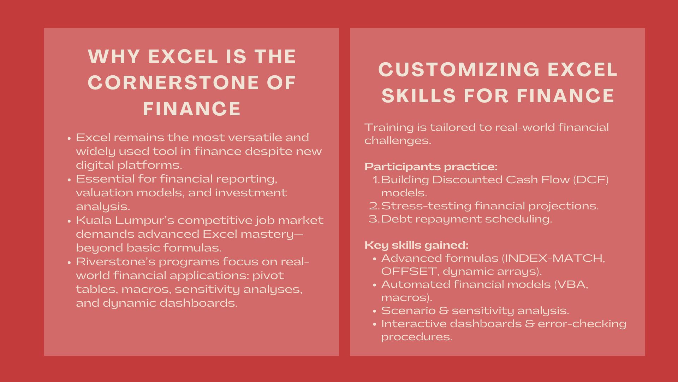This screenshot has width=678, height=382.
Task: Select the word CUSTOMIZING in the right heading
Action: [459, 69]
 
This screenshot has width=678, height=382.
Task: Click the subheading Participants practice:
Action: [431, 167]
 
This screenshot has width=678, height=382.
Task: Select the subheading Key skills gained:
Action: [416, 245]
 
